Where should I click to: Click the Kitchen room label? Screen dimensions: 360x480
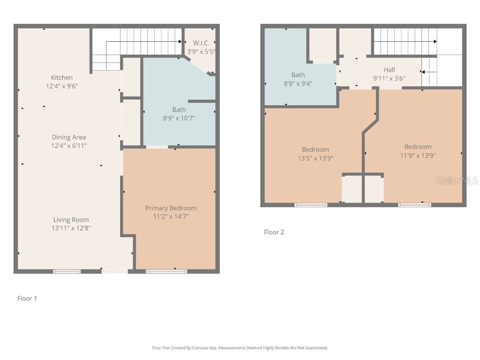(62, 78)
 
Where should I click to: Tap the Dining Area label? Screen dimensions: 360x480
(69, 137)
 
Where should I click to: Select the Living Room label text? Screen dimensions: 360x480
(71, 220)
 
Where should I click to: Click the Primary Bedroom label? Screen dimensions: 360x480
(171, 208)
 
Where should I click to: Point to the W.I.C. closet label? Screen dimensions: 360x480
(201, 44)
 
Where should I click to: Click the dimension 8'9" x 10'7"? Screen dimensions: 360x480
(179, 119)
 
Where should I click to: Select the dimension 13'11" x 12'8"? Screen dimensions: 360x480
(71, 228)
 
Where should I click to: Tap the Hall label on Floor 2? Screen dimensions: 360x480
(389, 70)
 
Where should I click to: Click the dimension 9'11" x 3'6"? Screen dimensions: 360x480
(389, 79)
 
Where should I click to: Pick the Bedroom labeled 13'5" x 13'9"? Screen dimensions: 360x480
(315, 150)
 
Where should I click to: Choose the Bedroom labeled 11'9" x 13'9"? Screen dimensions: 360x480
(418, 147)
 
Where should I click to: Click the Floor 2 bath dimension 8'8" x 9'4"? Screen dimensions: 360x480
(298, 83)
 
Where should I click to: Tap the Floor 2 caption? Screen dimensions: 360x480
(274, 232)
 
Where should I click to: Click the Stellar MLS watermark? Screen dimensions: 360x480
(456, 180)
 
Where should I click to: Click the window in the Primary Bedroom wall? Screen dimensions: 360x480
(166, 271)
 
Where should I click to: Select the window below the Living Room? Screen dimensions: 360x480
(67, 271)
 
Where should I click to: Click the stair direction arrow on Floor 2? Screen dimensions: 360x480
(423, 72)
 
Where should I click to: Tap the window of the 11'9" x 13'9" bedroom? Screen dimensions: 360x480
(414, 204)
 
